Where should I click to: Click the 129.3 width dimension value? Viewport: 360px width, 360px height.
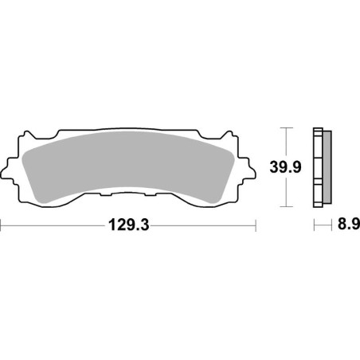(x=128, y=226)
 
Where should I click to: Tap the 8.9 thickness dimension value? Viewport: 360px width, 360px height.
(x=343, y=227)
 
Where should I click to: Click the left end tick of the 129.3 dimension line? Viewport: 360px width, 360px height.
(x=2, y=226)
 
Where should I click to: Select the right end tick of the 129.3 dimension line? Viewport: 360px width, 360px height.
(x=256, y=226)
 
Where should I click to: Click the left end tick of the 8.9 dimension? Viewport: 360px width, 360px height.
(x=313, y=227)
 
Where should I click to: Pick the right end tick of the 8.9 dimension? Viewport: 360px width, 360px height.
(x=330, y=227)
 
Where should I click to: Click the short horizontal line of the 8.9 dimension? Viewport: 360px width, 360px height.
(x=321, y=227)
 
